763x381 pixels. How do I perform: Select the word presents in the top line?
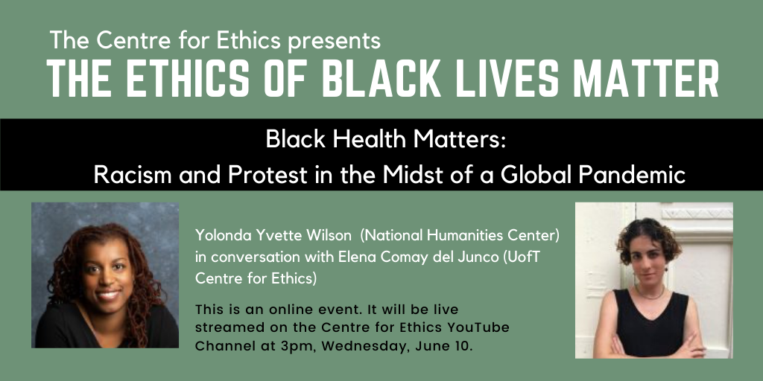coord(335,41)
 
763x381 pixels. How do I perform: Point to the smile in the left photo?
coord(108,294)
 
